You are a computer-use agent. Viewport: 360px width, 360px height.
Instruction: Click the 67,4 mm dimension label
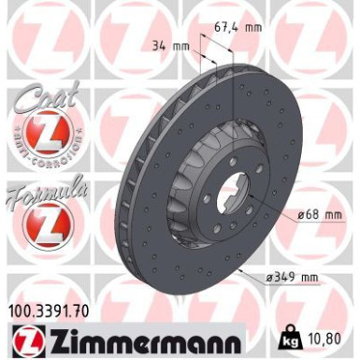pos(235,27)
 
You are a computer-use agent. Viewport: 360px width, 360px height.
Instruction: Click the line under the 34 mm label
pos(187,53)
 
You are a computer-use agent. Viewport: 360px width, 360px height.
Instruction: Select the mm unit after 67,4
pos(252,27)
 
